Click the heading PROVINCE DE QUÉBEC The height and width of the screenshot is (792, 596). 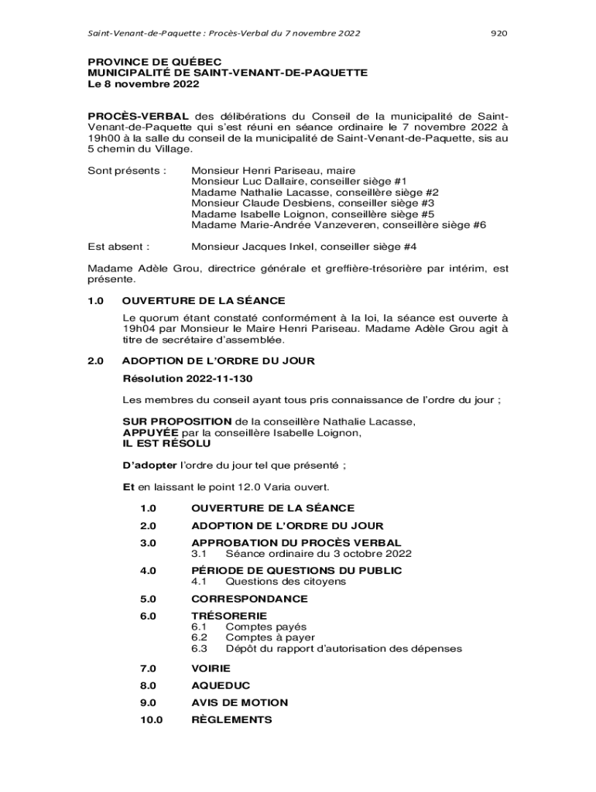pyautogui.click(x=154, y=61)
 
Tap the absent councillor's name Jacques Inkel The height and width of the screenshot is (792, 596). pyautogui.click(x=279, y=247)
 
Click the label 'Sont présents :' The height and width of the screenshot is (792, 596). pyautogui.click(x=126, y=169)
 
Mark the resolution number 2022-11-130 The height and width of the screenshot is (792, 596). pyautogui.click(x=219, y=379)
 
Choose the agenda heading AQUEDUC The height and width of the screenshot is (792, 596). pyautogui.click(x=221, y=685)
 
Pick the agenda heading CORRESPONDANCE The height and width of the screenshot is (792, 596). pyautogui.click(x=249, y=599)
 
